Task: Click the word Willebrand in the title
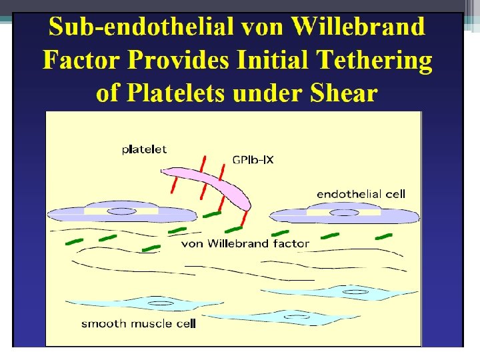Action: click(358, 27)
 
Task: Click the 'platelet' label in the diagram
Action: click(144, 149)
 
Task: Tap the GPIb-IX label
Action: click(253, 160)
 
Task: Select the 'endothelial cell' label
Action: click(361, 194)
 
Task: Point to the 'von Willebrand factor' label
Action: click(245, 243)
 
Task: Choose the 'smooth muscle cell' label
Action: click(139, 324)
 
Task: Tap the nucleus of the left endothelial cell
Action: click(122, 211)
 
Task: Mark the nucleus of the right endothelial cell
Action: click(344, 213)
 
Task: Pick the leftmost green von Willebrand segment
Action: click(74, 241)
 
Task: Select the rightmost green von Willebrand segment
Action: click(383, 235)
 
